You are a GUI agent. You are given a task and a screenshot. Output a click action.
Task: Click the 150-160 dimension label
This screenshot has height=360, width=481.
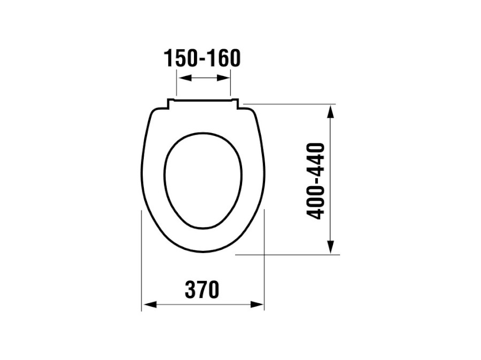coord(202,58)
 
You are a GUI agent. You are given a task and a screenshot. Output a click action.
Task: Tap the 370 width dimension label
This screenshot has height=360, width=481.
coord(202,289)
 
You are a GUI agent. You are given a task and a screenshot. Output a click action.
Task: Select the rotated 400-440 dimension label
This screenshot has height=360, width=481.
coord(316,181)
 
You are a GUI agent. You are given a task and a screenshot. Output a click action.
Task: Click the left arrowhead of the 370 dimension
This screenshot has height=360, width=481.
coord(150,304)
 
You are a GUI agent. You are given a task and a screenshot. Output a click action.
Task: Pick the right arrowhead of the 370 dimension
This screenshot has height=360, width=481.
coord(257,304)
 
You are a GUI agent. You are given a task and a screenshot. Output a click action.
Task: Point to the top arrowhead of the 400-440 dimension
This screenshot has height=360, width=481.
coord(330,111)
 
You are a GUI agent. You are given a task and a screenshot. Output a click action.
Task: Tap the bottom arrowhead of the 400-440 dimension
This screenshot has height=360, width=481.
coord(330,247)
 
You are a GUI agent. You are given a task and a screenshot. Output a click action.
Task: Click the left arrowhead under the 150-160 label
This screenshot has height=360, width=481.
coord(185,78)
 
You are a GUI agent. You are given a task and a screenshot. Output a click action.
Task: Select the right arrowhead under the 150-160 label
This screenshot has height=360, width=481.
coord(223,78)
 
